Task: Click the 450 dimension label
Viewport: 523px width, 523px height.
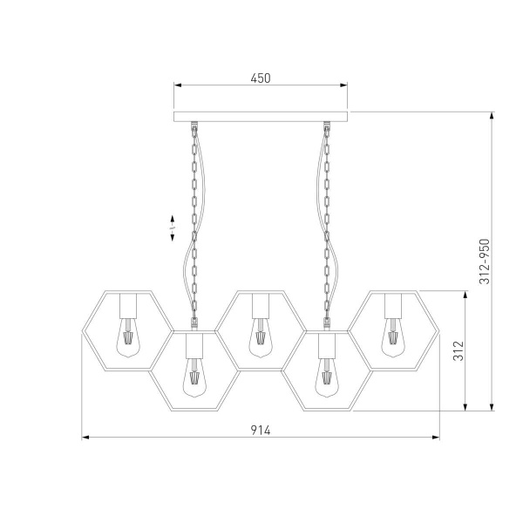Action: pyautogui.click(x=261, y=78)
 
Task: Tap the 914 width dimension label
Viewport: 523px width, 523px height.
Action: pyautogui.click(x=261, y=431)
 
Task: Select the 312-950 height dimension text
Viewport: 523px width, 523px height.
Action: pyautogui.click(x=485, y=261)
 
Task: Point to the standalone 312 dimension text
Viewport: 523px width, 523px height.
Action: pyautogui.click(x=458, y=350)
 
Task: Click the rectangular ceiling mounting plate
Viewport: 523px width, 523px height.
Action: pyautogui.click(x=261, y=117)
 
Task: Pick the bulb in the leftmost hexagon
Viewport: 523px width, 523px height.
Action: pyautogui.click(x=128, y=337)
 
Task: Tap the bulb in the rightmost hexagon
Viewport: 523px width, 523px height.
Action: pyautogui.click(x=393, y=337)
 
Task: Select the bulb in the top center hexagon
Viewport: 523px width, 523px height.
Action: pyautogui.click(x=261, y=337)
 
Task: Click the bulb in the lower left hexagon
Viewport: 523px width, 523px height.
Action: pyautogui.click(x=194, y=377)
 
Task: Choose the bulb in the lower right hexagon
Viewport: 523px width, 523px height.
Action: pyautogui.click(x=327, y=377)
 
